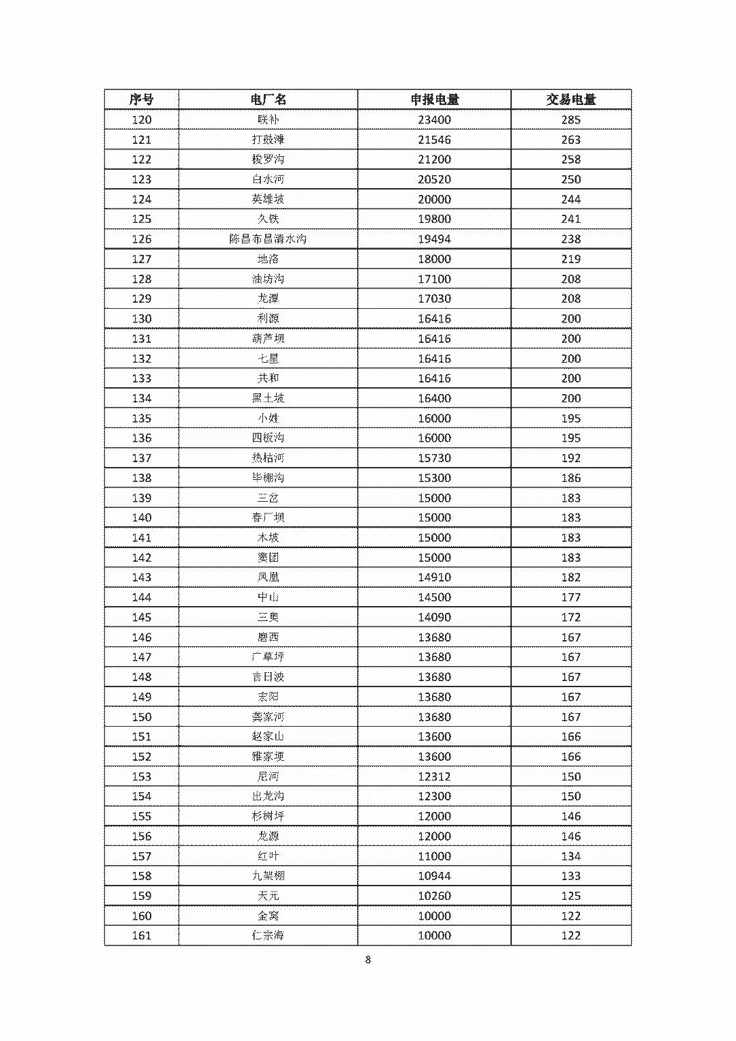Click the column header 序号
coord(141,100)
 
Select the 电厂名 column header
coord(268,100)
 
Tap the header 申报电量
coord(434,100)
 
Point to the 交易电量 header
coord(570,100)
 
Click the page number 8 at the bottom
coord(368,960)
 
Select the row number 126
coord(141,239)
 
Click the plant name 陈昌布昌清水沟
coord(268,239)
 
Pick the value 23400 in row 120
coord(434,120)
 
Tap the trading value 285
coord(570,120)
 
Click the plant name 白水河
coord(268,179)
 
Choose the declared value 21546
coord(434,140)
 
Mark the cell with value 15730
coord(434,458)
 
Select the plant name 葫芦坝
coord(268,339)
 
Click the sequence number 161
coord(141,935)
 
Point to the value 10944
coord(434,876)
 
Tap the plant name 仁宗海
coord(268,935)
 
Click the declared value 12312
coord(434,776)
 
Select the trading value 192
coord(570,458)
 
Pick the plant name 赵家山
coord(268,736)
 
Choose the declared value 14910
coord(434,577)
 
